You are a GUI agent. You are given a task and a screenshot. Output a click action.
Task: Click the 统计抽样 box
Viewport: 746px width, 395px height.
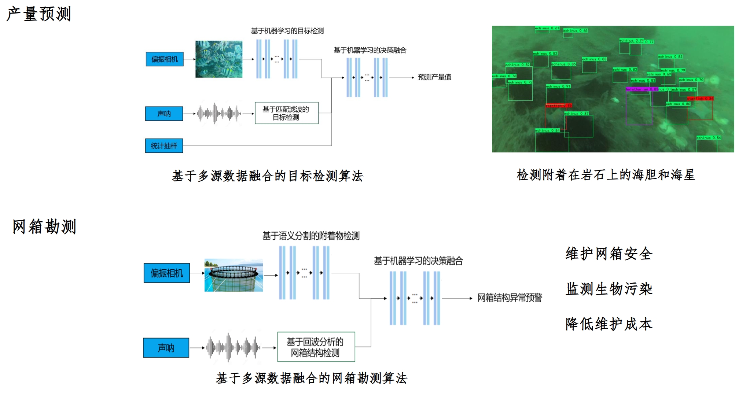click(164, 146)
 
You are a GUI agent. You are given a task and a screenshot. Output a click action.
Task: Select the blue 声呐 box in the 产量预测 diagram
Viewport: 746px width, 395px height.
click(164, 114)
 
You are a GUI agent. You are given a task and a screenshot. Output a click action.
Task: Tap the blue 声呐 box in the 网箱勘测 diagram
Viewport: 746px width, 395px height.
click(166, 347)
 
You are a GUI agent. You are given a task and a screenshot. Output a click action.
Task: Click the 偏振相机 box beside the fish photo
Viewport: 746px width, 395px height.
click(165, 59)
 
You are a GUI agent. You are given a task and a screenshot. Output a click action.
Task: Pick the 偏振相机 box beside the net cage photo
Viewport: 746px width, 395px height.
click(167, 273)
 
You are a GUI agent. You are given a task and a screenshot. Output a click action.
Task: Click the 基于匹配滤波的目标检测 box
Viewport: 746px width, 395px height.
click(286, 113)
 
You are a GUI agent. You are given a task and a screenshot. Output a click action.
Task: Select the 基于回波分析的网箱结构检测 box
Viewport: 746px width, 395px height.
click(316, 347)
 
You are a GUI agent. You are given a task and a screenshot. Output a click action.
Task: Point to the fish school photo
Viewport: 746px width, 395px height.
click(219, 59)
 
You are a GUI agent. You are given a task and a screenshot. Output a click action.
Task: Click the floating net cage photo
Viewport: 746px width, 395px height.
click(234, 275)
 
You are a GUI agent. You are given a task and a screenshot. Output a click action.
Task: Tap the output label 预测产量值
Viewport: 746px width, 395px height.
click(434, 77)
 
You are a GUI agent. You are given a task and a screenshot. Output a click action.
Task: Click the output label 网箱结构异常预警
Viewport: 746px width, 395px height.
click(510, 298)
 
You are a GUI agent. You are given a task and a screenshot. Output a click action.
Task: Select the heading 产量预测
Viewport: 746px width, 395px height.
click(38, 14)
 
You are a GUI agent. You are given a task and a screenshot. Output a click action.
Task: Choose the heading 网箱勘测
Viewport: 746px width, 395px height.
click(44, 226)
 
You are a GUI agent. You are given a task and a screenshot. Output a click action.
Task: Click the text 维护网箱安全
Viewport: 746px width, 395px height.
click(609, 254)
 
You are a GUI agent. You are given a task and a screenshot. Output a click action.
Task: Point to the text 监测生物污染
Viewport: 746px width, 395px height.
click(609, 289)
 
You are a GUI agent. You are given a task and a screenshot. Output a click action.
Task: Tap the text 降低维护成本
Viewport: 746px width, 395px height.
click(609, 324)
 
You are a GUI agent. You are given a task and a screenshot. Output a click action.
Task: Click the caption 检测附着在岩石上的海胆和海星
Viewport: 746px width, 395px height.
click(606, 175)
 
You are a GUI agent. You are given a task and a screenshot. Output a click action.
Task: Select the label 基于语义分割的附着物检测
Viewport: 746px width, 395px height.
click(311, 236)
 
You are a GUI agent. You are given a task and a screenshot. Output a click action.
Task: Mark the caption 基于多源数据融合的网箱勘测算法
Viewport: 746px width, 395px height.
click(311, 378)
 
